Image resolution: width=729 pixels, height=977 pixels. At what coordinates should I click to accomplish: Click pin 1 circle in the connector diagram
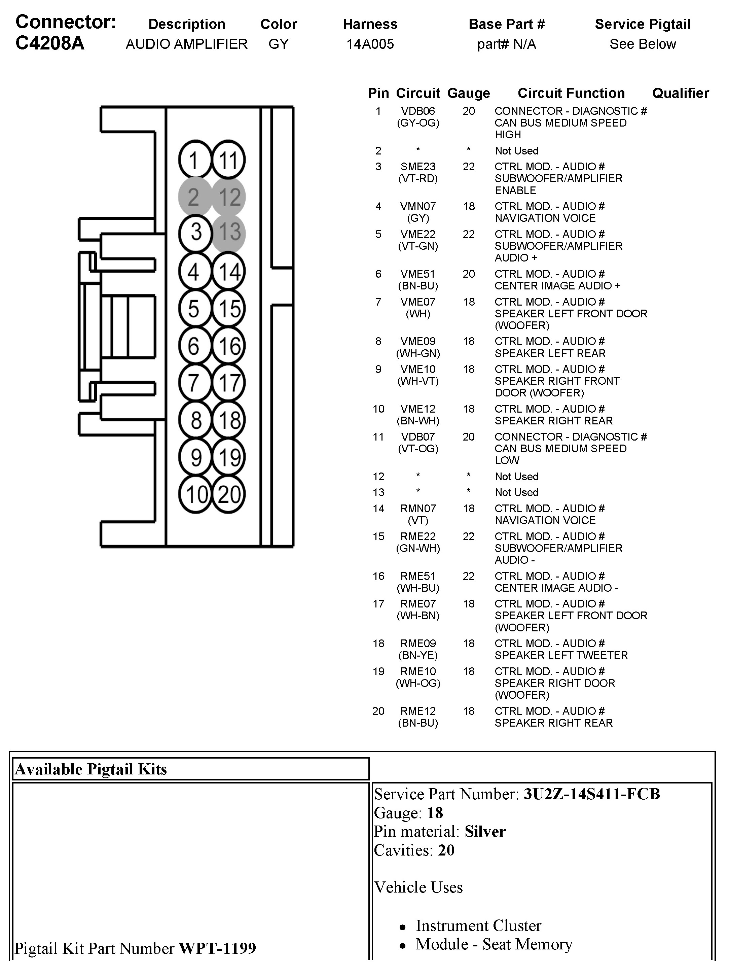coord(194,160)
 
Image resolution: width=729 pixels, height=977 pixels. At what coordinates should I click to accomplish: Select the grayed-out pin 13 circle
coord(228,232)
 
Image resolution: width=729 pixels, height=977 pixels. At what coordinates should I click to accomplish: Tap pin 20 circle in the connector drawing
coord(228,494)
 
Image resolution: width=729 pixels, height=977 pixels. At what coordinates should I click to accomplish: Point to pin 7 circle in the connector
coord(194,383)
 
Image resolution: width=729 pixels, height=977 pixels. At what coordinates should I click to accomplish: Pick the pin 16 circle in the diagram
coord(228,346)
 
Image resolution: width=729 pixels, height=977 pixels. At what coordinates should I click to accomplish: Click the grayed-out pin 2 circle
coord(194,197)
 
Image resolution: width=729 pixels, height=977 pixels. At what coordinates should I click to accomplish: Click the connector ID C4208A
coord(50,43)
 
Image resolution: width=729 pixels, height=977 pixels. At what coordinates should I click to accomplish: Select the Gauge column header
coord(468,93)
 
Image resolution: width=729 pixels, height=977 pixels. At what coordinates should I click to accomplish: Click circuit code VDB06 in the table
coord(417,111)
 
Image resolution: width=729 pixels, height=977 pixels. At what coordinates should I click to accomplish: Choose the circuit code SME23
coord(417,167)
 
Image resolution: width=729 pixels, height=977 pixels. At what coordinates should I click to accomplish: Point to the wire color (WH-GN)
coord(417,353)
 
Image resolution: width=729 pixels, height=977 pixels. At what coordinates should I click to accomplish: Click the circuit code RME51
coord(417,576)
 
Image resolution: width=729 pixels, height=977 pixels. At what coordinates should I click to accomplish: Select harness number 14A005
coord(370,44)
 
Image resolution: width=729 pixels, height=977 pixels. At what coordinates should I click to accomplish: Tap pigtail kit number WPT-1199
coord(217,948)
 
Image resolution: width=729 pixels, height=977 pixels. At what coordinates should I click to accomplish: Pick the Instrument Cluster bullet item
coord(478,926)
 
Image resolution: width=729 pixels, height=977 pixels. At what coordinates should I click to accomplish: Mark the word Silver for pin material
coord(485,832)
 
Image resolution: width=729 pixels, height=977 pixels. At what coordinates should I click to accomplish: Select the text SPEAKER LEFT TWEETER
coord(561,655)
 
